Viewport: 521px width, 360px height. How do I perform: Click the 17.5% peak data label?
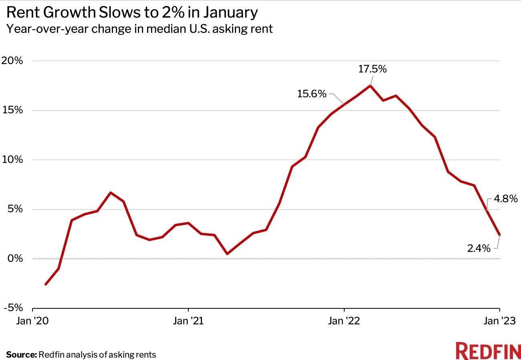point(372,69)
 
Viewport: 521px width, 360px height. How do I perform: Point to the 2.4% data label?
point(479,248)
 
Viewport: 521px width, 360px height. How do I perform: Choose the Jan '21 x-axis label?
point(188,321)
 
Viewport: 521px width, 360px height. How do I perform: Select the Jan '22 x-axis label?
point(344,321)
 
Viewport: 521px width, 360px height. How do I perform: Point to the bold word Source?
point(21,354)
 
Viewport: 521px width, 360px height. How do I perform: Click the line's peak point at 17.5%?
point(370,85)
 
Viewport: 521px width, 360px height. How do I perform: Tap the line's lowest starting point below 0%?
point(46,284)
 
